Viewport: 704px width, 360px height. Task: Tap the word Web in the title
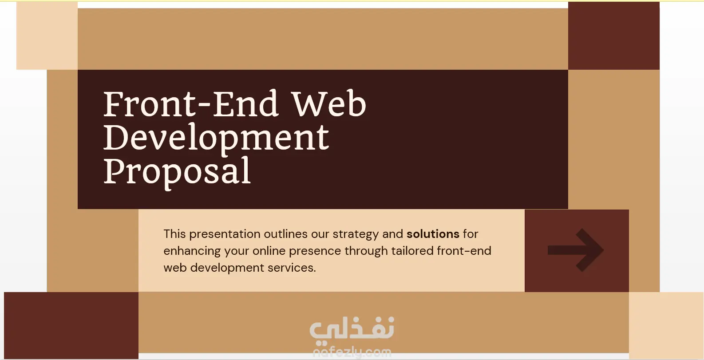pos(329,103)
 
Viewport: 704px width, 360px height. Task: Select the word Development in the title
pos(216,138)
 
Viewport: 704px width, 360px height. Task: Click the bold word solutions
pos(433,234)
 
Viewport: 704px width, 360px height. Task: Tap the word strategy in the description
pos(356,234)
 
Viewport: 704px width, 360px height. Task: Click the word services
pos(292,268)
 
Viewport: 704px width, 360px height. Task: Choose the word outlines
pos(285,234)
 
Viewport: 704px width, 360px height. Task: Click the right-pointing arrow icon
pos(575,250)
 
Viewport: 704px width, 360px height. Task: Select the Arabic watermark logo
pos(352,328)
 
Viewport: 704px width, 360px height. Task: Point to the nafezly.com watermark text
pos(352,352)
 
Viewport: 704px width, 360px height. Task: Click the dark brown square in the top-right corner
pos(614,36)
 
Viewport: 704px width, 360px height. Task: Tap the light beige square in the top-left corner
pos(47,36)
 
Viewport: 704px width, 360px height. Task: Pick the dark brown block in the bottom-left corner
pos(71,325)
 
